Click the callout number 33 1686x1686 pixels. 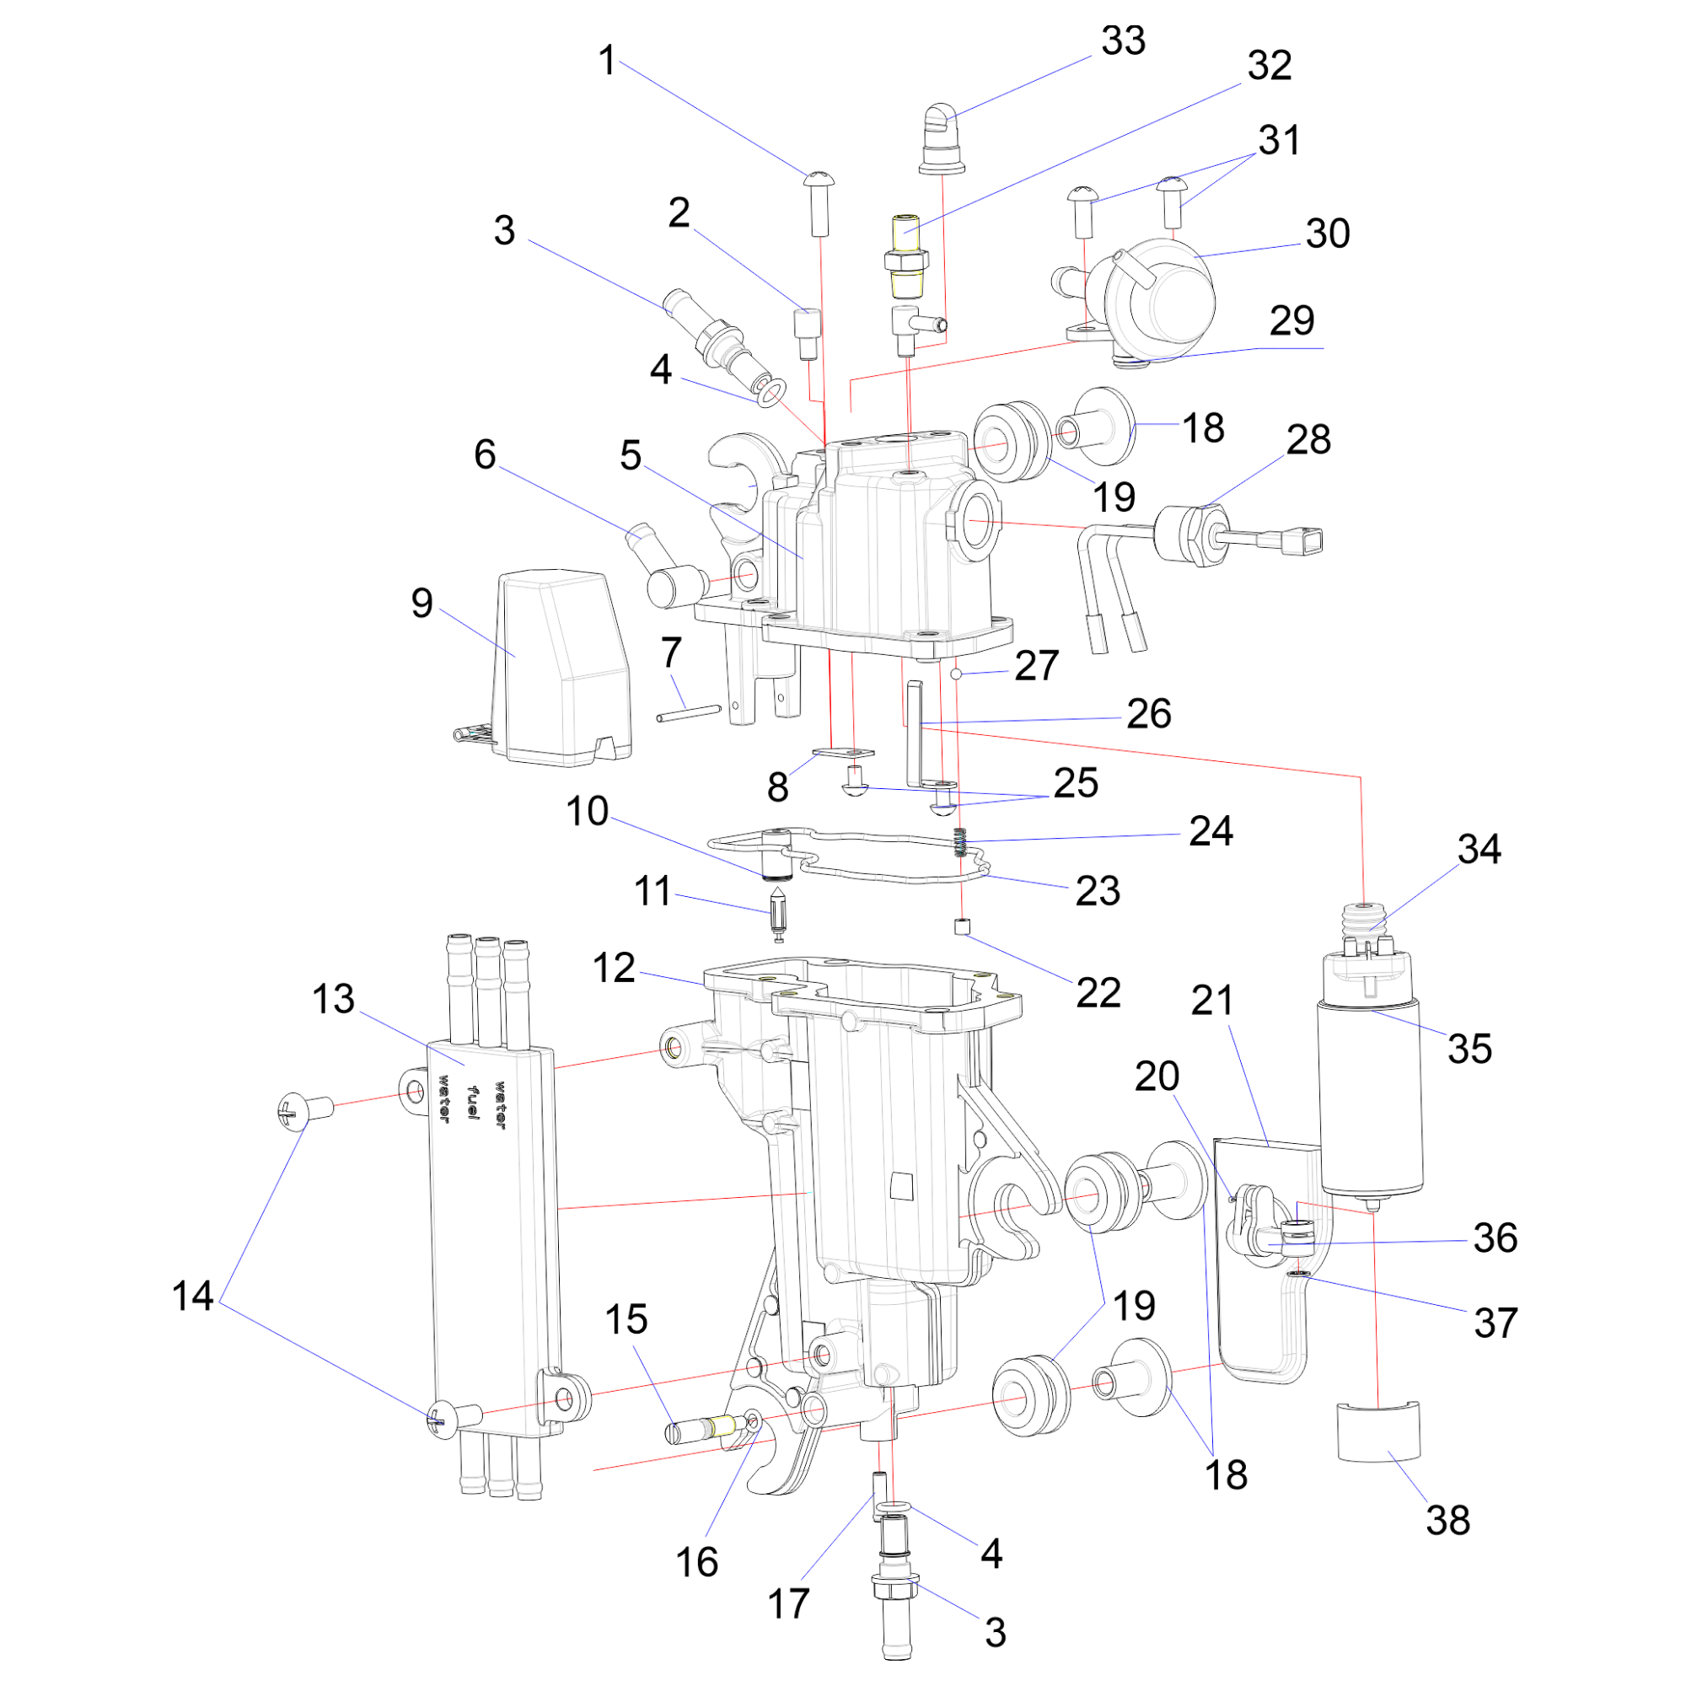(x=1122, y=41)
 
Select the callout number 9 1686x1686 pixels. (x=421, y=603)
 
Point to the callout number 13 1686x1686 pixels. (x=333, y=999)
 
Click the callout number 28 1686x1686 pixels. (x=1308, y=440)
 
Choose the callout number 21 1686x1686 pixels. (x=1212, y=1001)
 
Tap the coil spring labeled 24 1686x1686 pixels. (x=961, y=842)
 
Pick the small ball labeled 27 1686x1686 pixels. (x=957, y=674)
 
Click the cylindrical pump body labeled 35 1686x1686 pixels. (x=1370, y=1099)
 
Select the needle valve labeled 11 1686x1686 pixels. (x=776, y=912)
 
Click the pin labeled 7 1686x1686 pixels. (x=689, y=713)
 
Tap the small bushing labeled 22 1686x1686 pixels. (x=963, y=926)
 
